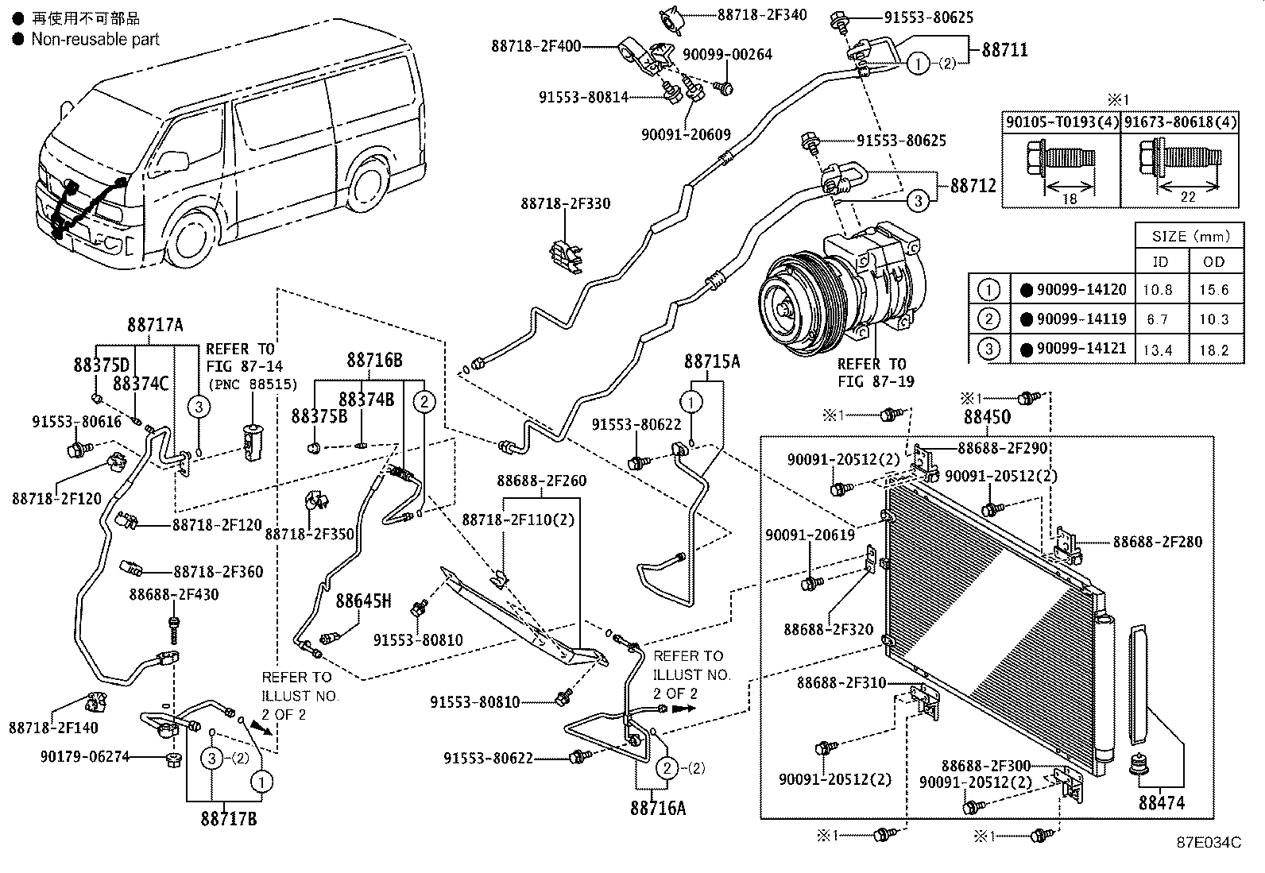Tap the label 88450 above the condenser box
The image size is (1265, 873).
(x=987, y=417)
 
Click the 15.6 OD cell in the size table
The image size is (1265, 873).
(x=1213, y=290)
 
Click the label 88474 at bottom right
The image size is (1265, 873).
(x=1161, y=803)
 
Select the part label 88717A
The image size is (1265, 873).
(x=155, y=325)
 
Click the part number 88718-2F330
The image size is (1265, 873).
(x=566, y=204)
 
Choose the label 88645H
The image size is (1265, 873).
(x=363, y=601)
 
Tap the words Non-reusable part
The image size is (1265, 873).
(x=95, y=39)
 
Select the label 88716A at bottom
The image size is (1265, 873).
(x=658, y=808)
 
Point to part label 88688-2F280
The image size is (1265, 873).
(x=1157, y=542)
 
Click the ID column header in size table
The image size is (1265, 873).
(x=1160, y=261)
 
